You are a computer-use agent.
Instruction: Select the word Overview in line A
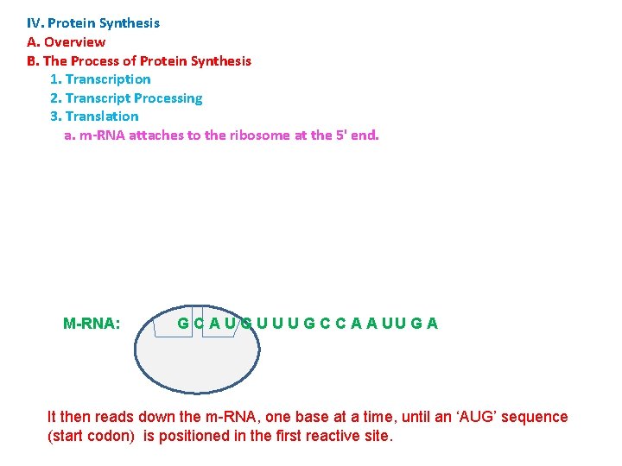(x=74, y=42)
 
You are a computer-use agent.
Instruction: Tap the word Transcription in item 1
(x=108, y=79)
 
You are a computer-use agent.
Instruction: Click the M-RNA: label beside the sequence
(x=92, y=324)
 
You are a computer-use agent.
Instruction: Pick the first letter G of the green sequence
(x=183, y=324)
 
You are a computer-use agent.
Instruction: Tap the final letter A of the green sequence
(x=432, y=324)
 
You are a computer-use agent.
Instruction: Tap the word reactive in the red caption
(x=299, y=436)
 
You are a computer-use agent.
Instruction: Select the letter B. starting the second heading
(x=33, y=61)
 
